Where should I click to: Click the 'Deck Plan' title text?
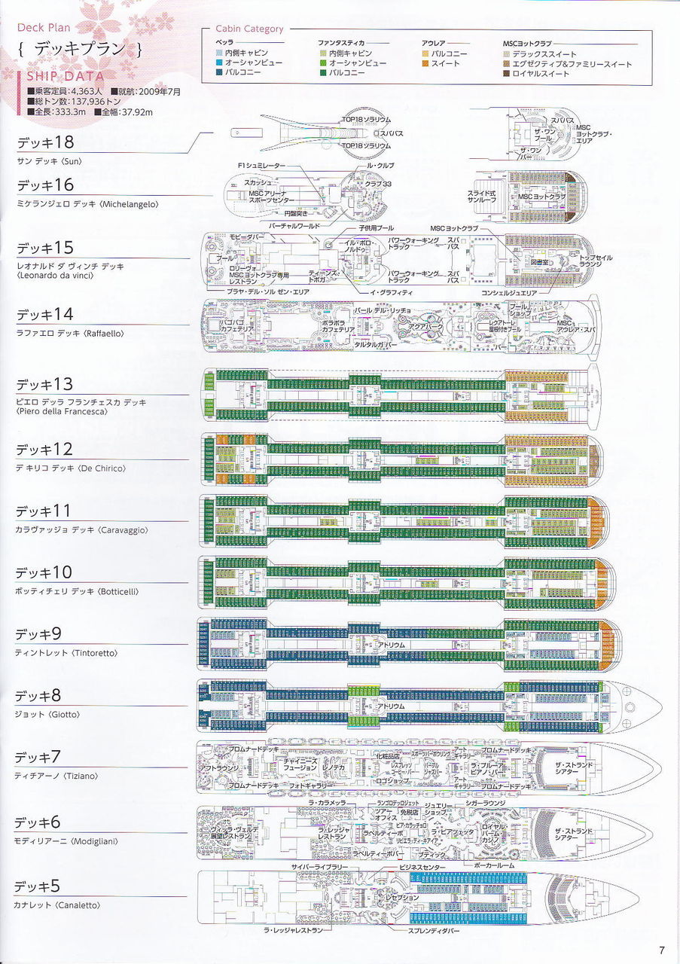click(x=44, y=28)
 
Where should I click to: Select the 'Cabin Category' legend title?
click(x=249, y=29)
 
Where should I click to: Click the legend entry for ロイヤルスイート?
click(x=541, y=74)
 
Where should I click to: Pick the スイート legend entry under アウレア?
click(x=445, y=64)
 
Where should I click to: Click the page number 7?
click(x=661, y=949)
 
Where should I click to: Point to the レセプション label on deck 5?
click(x=402, y=898)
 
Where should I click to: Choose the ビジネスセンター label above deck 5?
click(x=422, y=868)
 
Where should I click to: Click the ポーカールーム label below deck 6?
click(x=495, y=865)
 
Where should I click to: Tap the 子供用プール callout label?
click(x=374, y=228)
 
